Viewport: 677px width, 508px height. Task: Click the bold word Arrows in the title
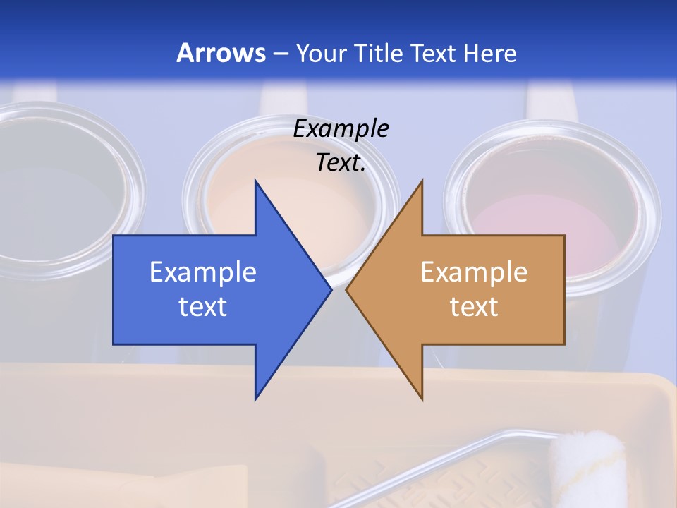221,53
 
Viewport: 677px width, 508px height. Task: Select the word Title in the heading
379,53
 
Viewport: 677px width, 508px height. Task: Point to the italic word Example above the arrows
341,129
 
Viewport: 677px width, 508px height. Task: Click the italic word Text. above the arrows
341,163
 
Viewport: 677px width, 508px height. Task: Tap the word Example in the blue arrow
203,272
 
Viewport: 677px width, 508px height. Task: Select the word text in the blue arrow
203,307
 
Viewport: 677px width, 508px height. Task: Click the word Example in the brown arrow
474,272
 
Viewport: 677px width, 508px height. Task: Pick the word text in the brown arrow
474,307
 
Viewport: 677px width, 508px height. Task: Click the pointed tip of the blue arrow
330,290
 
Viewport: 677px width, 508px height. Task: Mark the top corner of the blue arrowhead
255,181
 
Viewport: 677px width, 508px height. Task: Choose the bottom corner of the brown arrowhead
422,399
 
